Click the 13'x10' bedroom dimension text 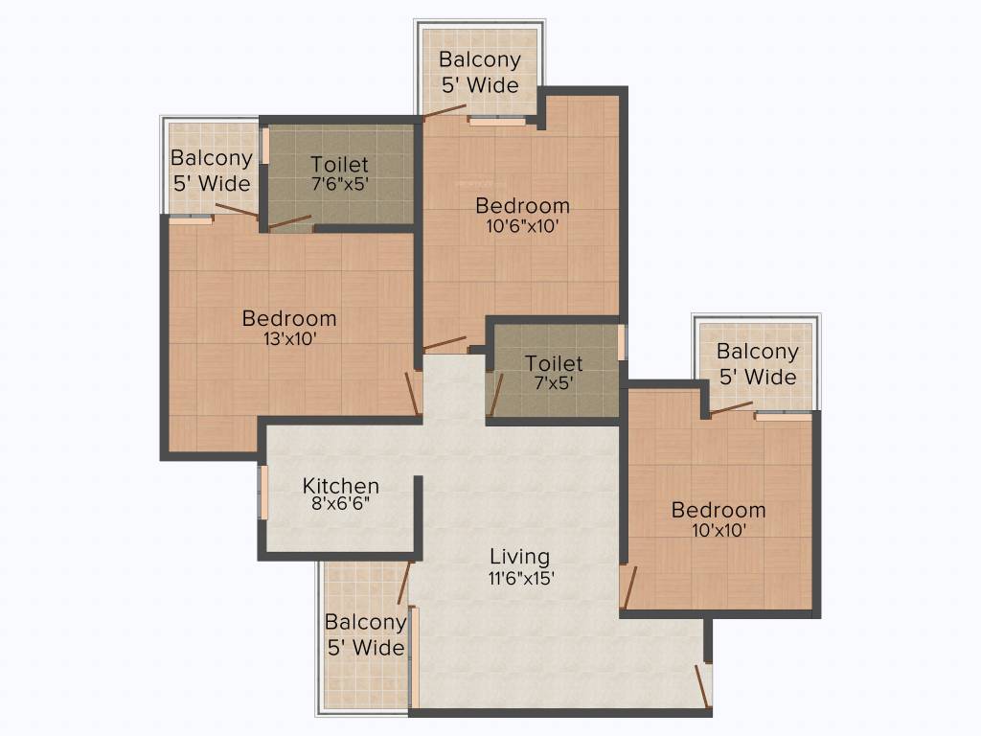pyautogui.click(x=289, y=339)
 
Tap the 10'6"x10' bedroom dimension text pyautogui.click(x=522, y=226)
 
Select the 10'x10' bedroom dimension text pyautogui.click(x=719, y=531)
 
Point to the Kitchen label pyautogui.click(x=341, y=486)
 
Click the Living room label pyautogui.click(x=520, y=557)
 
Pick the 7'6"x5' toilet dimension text pyautogui.click(x=340, y=184)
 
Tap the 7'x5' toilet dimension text pyautogui.click(x=554, y=382)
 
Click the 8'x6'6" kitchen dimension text pyautogui.click(x=341, y=503)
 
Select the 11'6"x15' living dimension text pyautogui.click(x=521, y=578)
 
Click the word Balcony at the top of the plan pyautogui.click(x=480, y=60)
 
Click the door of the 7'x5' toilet pyautogui.click(x=495, y=395)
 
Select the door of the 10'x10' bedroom pyautogui.click(x=628, y=587)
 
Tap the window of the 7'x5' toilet pyautogui.click(x=621, y=342)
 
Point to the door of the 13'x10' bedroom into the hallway pyautogui.click(x=412, y=394)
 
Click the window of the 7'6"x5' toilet pyautogui.click(x=265, y=146)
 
